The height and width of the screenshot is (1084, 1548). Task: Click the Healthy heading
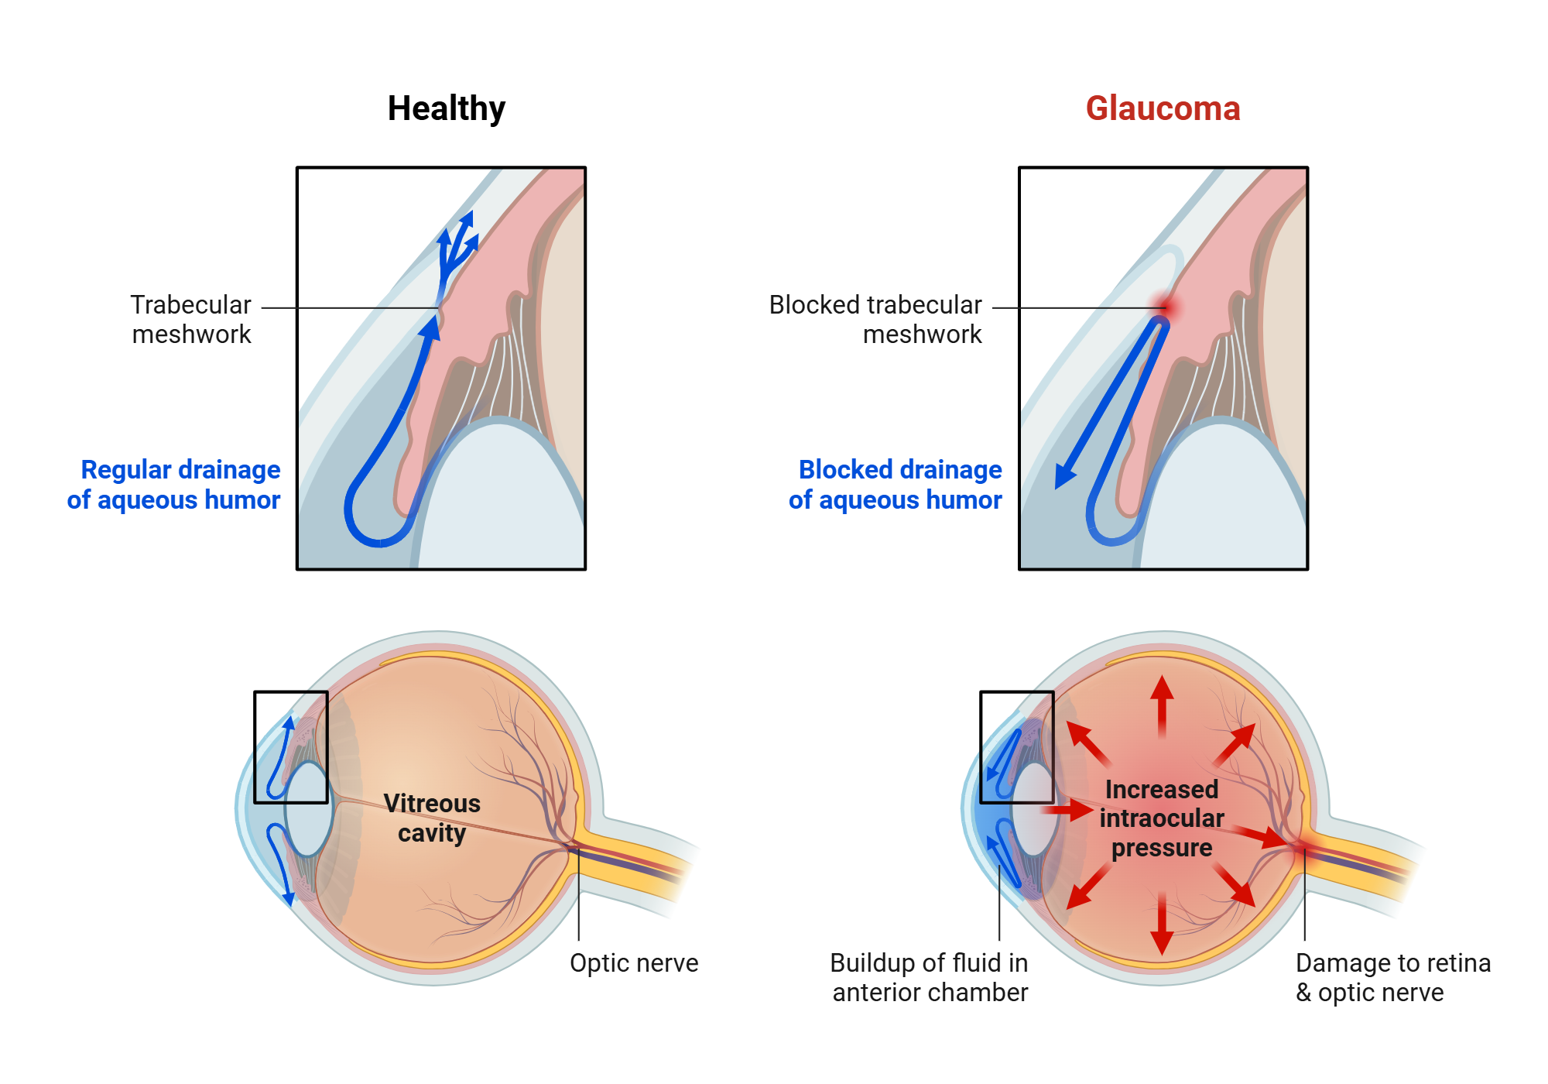446,108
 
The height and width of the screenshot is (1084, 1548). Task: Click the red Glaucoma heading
1163,108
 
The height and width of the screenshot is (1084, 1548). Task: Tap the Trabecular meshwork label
190,319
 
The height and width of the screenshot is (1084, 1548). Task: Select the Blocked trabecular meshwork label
875,319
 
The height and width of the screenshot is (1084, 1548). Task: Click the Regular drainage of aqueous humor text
175,485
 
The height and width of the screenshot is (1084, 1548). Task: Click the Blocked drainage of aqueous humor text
896,485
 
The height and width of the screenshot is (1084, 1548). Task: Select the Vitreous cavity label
432,818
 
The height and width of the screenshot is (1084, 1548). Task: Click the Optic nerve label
633,962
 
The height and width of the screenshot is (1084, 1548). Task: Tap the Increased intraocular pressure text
1161,818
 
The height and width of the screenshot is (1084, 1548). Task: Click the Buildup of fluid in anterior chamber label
929,977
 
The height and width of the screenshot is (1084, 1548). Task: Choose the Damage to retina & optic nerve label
1392,977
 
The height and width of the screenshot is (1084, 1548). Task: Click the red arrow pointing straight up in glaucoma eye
1161,701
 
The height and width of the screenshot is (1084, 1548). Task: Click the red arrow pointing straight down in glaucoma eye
1161,929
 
